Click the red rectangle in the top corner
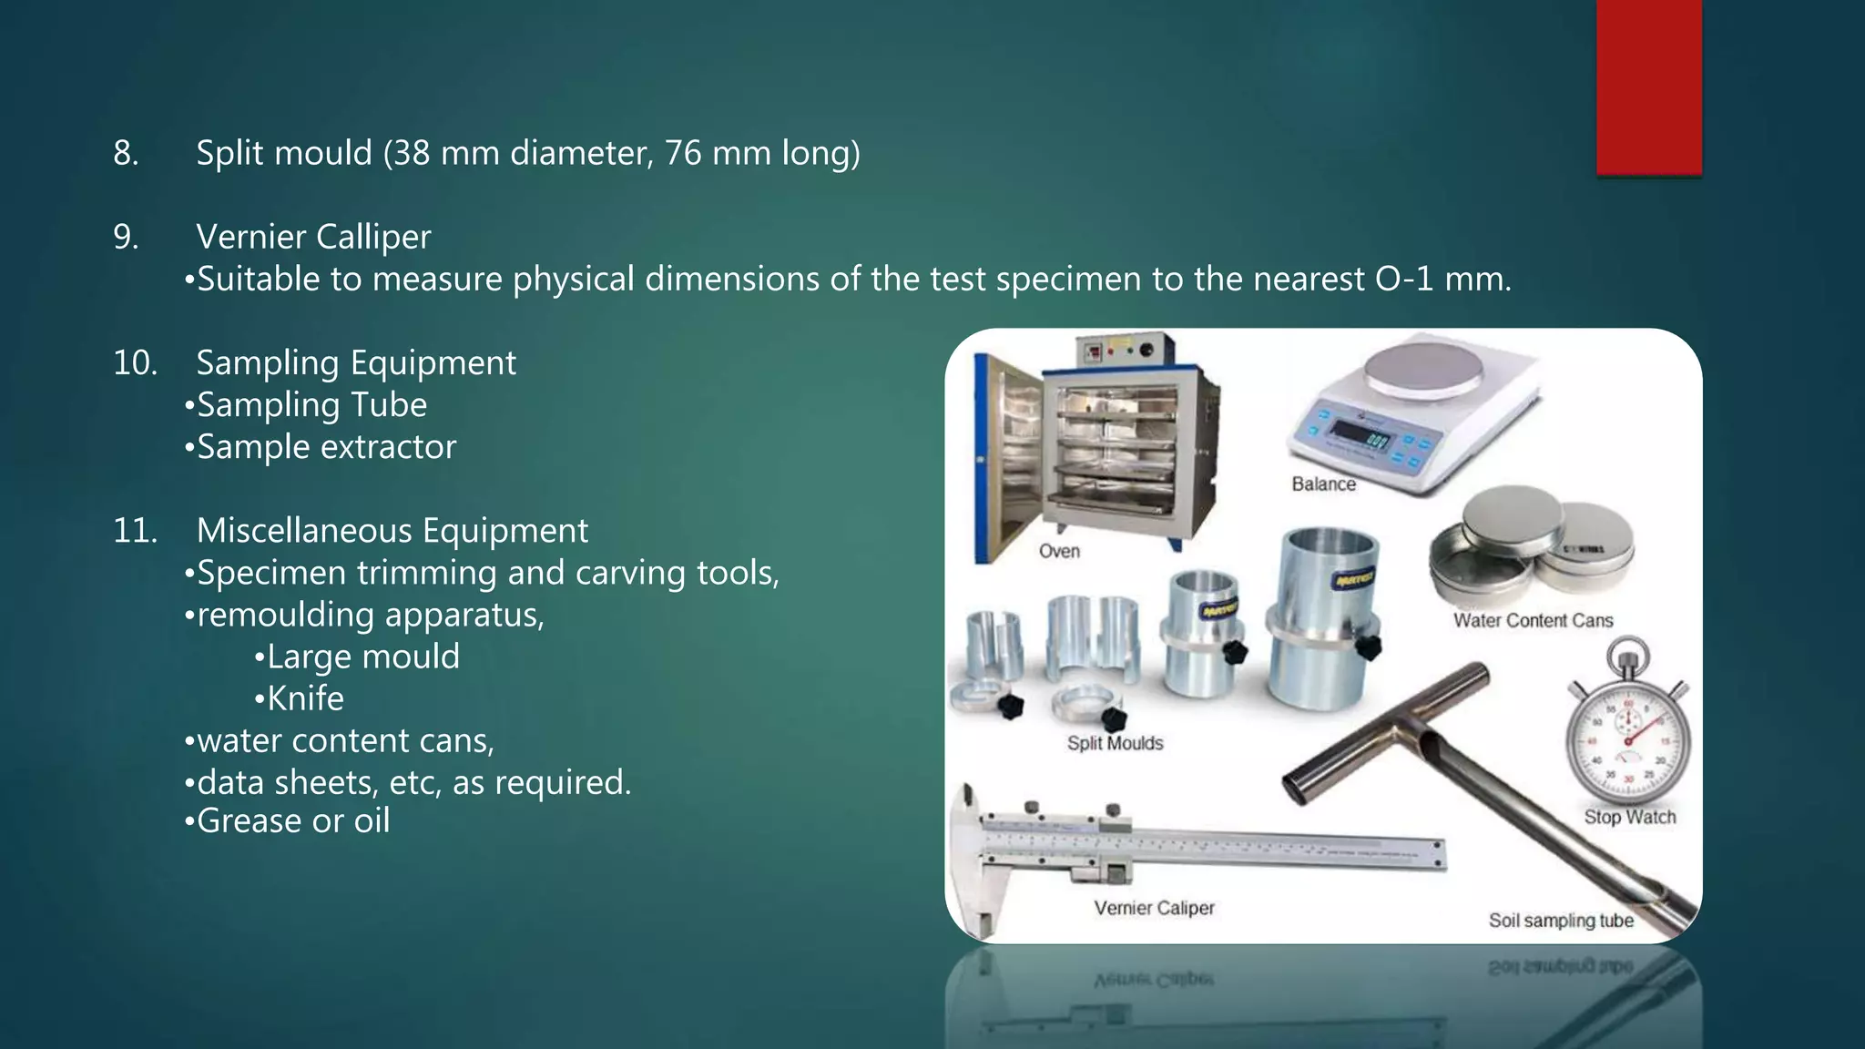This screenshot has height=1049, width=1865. [x=1648, y=87]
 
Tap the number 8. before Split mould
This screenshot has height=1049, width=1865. [x=126, y=153]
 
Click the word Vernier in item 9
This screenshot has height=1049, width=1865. [x=251, y=237]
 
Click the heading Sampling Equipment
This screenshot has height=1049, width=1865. [x=356, y=363]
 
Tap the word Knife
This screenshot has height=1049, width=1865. [x=305, y=698]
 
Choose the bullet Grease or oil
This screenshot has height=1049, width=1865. [x=292, y=821]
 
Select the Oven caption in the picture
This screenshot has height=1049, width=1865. [x=1059, y=551]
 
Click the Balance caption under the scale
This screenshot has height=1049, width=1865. [x=1323, y=484]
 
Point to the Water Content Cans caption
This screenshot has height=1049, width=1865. [x=1533, y=621]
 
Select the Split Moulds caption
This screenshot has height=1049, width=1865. [x=1115, y=743]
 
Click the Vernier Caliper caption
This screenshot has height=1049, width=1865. [x=1154, y=908]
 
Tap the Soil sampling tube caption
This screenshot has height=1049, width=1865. [x=1561, y=921]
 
